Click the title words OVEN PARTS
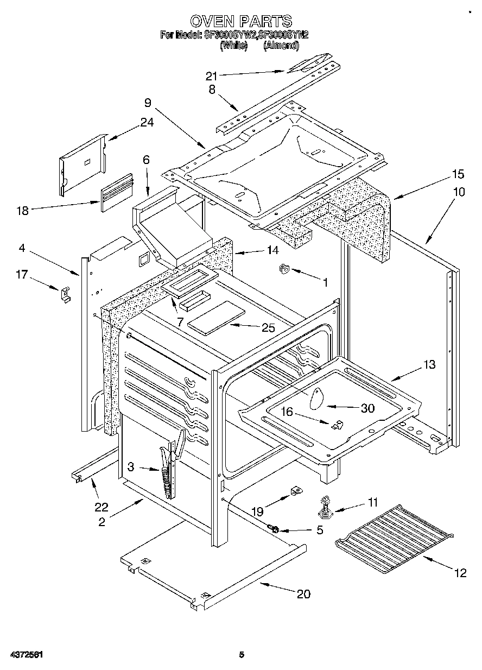pyautogui.click(x=241, y=22)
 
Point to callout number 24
pyautogui.click(x=147, y=123)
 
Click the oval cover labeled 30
pyautogui.click(x=316, y=401)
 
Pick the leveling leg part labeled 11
pyautogui.click(x=325, y=506)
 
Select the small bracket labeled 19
pyautogui.click(x=295, y=492)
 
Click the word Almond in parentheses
pyautogui.click(x=281, y=46)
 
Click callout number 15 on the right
pyautogui.click(x=458, y=174)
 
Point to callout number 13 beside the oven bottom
pyautogui.click(x=429, y=365)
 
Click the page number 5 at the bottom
pyautogui.click(x=242, y=655)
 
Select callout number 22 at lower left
pyautogui.click(x=101, y=508)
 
